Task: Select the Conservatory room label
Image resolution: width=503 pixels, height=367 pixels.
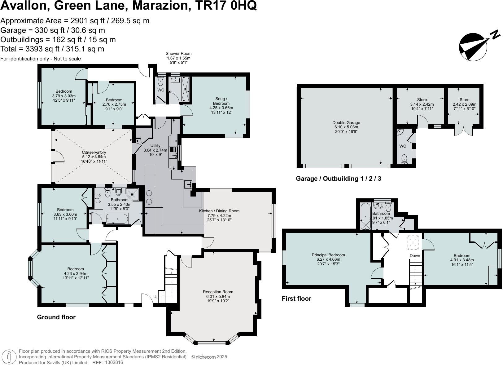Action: tap(94, 153)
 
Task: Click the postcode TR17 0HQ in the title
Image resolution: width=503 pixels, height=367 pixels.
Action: tap(227, 6)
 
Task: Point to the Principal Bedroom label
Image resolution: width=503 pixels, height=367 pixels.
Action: tap(328, 255)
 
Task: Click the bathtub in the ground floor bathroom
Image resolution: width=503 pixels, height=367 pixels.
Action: tap(117, 219)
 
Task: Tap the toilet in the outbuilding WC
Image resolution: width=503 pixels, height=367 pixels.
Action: tap(404, 159)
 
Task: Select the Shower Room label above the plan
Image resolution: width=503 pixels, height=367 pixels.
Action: tap(178, 54)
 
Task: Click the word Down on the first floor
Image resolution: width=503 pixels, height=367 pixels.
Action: tap(415, 255)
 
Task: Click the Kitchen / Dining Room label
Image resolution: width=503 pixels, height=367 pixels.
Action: tap(219, 211)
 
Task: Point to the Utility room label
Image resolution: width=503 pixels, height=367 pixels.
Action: tap(155, 145)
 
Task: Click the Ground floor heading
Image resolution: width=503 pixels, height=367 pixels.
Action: tap(56, 317)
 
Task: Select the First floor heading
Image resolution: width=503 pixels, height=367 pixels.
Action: tap(296, 298)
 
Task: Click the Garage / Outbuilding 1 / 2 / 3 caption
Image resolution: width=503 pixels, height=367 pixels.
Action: tap(338, 179)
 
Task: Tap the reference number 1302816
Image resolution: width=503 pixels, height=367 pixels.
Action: tap(114, 362)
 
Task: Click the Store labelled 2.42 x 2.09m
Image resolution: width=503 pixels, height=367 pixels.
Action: tap(464, 102)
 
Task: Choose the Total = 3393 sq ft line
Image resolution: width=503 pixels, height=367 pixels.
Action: tap(52, 49)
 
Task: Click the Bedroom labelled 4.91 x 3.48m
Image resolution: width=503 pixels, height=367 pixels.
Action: tap(462, 256)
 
